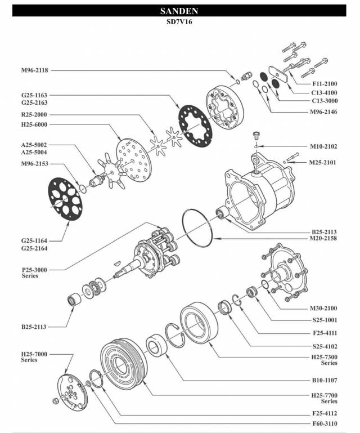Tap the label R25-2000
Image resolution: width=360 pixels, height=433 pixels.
pyautogui.click(x=34, y=114)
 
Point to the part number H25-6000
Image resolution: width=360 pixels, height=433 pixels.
pyautogui.click(x=34, y=124)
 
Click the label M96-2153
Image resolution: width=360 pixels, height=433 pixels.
pyautogui.click(x=34, y=163)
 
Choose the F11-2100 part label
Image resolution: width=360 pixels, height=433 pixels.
pyautogui.click(x=325, y=83)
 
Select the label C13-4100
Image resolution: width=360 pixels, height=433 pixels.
pyautogui.click(x=325, y=92)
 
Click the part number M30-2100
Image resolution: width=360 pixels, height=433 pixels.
pyautogui.click(x=323, y=309)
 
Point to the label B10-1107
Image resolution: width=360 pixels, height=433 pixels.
pyautogui.click(x=323, y=380)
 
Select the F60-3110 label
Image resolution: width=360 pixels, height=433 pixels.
pyautogui.click(x=323, y=423)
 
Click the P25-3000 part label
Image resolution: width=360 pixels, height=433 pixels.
pyautogui.click(x=34, y=270)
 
